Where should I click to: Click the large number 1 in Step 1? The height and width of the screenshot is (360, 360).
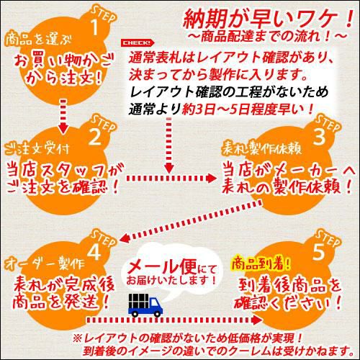(x=95, y=27)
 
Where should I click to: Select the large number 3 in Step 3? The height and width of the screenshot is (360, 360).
(x=320, y=136)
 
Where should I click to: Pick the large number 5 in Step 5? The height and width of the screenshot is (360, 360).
(x=319, y=251)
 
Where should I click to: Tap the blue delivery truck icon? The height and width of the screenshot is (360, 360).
(x=145, y=305)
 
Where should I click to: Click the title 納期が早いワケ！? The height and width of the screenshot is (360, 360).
(x=268, y=19)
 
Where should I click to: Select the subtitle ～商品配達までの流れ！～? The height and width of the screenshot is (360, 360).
(x=268, y=37)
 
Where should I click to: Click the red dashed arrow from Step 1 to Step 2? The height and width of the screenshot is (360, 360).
(x=63, y=116)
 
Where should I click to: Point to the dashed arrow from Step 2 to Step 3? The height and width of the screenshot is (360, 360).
(x=171, y=178)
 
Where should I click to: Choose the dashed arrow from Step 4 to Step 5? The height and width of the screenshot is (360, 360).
(x=174, y=320)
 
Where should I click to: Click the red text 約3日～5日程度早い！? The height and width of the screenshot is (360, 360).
(x=248, y=109)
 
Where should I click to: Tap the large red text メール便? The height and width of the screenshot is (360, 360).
(x=161, y=266)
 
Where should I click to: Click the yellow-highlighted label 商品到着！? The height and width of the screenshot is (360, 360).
(x=261, y=263)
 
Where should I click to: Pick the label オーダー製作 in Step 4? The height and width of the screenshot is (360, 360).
(x=45, y=264)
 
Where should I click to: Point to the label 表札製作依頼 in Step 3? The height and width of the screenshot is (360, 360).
(x=261, y=148)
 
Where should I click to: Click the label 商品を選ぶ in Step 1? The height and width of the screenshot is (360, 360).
(x=38, y=39)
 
